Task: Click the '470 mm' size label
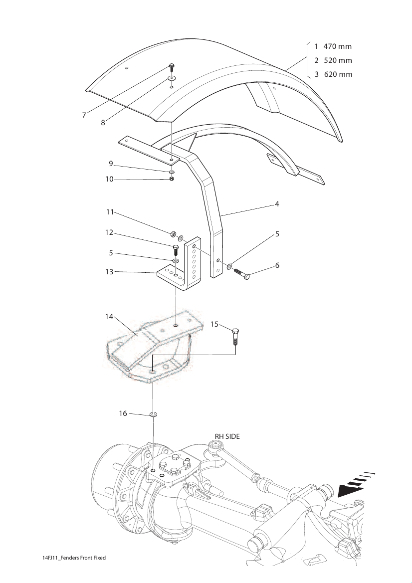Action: click(337, 46)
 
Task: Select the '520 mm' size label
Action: click(338, 60)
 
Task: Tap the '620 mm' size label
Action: click(338, 74)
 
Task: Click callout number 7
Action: click(84, 115)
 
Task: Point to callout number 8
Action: click(103, 123)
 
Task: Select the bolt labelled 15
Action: click(235, 336)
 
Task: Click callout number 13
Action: click(109, 272)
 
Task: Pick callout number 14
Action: click(109, 317)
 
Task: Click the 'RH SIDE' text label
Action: click(227, 436)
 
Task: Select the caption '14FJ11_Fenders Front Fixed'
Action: click(74, 558)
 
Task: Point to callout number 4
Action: click(277, 204)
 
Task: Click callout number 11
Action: click(110, 212)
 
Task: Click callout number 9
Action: click(111, 164)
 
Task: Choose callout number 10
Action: click(109, 179)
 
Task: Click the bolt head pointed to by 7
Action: click(172, 66)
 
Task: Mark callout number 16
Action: click(123, 413)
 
